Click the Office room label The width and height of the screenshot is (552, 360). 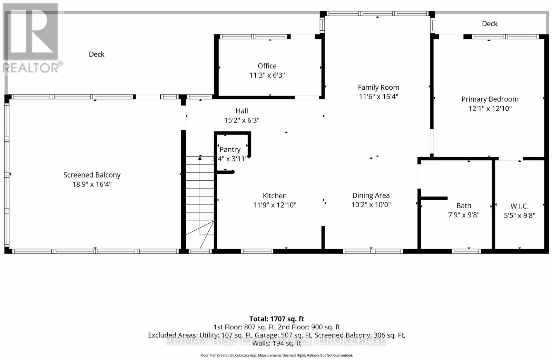pyautogui.click(x=267, y=66)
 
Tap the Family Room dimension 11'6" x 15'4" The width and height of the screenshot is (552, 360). pyautogui.click(x=378, y=97)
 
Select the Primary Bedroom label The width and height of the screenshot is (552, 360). pyautogui.click(x=490, y=99)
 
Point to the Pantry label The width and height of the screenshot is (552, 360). pyautogui.click(x=230, y=149)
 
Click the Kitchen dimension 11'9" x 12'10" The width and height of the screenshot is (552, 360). pyautogui.click(x=275, y=205)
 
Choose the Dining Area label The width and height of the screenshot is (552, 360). pyautogui.click(x=371, y=196)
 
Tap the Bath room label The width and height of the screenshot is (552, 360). pyautogui.click(x=464, y=206)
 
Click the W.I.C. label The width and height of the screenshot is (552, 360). pyautogui.click(x=520, y=206)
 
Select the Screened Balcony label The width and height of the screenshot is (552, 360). pyautogui.click(x=92, y=175)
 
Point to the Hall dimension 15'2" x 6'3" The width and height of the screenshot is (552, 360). pyautogui.click(x=242, y=120)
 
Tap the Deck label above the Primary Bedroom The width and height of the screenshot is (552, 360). pyautogui.click(x=490, y=24)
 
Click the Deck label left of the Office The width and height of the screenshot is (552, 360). pyautogui.click(x=97, y=54)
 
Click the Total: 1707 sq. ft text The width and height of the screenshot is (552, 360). pyautogui.click(x=277, y=319)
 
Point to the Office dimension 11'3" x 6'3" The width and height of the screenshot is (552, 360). pyautogui.click(x=267, y=75)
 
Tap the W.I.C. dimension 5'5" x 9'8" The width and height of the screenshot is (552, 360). pyautogui.click(x=520, y=216)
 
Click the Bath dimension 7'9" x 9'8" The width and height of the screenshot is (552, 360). pyautogui.click(x=464, y=215)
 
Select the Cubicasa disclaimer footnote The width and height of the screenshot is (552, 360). pyautogui.click(x=277, y=355)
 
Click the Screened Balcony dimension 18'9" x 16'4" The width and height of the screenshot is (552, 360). pyautogui.click(x=92, y=184)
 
